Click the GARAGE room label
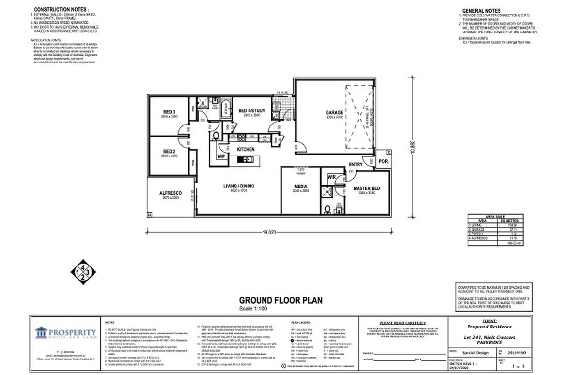(334, 112)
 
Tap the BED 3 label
(169, 112)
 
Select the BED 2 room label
(169, 151)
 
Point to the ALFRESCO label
(170, 193)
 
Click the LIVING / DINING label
(238, 186)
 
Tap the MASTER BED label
(366, 188)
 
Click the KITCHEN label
(245, 150)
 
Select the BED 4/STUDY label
(252, 111)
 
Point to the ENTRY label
(356, 165)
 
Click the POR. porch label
(382, 161)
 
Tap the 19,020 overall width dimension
(269, 233)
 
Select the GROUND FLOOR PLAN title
(281, 301)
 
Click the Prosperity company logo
(66, 332)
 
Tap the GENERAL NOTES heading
(481, 11)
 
